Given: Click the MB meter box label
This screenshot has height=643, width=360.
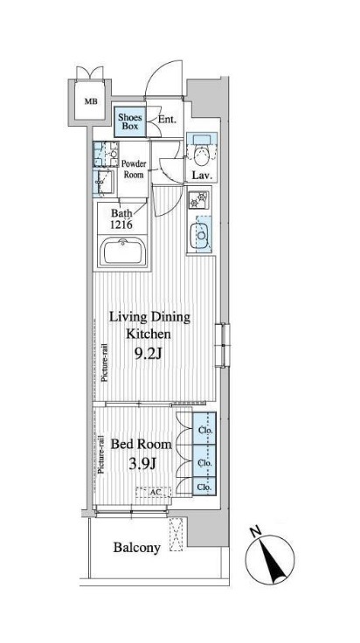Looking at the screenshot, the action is (x=91, y=101).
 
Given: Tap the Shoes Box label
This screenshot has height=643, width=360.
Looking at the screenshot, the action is (x=130, y=121).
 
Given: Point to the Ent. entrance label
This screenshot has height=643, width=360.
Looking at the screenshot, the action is (x=167, y=121).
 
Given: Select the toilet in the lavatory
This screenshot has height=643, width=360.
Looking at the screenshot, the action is (x=201, y=155).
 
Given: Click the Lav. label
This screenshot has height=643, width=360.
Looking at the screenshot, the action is (x=202, y=176).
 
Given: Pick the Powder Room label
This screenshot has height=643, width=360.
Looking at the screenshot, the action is (x=134, y=169).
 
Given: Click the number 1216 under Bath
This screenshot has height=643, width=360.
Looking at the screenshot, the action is (x=121, y=225).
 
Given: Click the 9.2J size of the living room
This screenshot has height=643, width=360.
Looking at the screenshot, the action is (x=148, y=354).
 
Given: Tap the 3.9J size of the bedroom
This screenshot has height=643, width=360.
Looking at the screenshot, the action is (x=142, y=463).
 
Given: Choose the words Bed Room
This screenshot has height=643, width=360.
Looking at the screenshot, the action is (x=141, y=444).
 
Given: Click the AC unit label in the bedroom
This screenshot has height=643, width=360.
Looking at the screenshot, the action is (x=154, y=491).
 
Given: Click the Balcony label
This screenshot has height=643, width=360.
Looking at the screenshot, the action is (x=137, y=547).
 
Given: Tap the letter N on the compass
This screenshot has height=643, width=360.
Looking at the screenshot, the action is (x=256, y=532).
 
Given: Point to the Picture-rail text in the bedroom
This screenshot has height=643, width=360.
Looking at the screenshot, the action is (x=101, y=454).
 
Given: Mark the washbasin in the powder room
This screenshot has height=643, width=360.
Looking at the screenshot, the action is (x=103, y=182).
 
